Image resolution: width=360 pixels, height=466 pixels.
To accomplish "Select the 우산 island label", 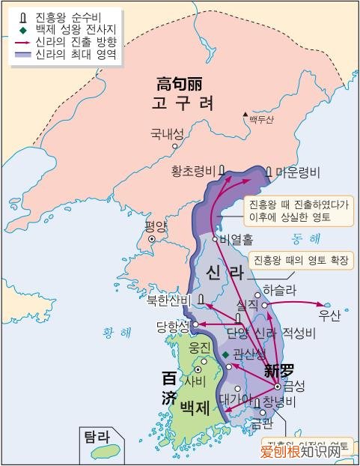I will click(329, 315).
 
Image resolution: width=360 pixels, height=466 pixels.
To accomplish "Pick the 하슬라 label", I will click(280, 289).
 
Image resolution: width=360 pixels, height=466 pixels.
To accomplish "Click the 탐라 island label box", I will click(98, 436).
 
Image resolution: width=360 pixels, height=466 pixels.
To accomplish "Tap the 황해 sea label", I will click(115, 333).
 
